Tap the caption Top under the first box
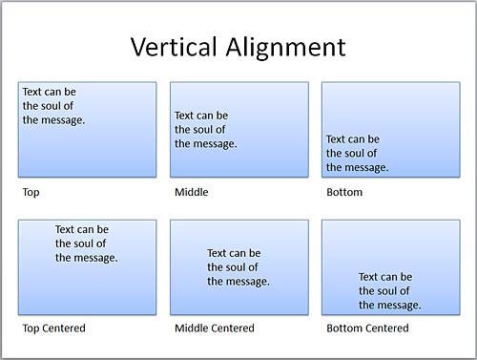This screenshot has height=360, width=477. pyautogui.click(x=31, y=192)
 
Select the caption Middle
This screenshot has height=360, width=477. pyautogui.click(x=191, y=192)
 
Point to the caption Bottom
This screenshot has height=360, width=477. pyautogui.click(x=344, y=192)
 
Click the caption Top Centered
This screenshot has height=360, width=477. pyautogui.click(x=54, y=328)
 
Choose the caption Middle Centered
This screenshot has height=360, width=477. pyautogui.click(x=215, y=328)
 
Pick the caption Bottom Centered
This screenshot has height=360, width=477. pyautogui.click(x=367, y=328)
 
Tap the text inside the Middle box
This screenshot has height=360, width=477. pyautogui.click(x=206, y=130)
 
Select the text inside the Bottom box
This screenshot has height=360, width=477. pyautogui.click(x=358, y=153)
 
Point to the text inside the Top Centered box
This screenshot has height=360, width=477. pyautogui.click(x=87, y=244)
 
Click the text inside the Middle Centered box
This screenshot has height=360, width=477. pyautogui.click(x=238, y=267)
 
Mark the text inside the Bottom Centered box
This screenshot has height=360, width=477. pyautogui.click(x=390, y=291)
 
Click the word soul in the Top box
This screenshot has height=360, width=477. pyautogui.click(x=55, y=106)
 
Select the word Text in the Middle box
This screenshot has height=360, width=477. pyautogui.click(x=185, y=116)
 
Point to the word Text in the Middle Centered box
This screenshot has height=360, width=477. pyautogui.click(x=218, y=253)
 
